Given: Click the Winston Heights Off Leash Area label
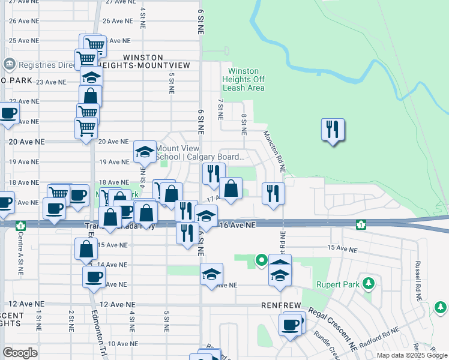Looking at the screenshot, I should (244, 79).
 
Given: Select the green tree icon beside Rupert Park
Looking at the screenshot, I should (369, 283).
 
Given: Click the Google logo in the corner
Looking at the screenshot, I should (20, 353).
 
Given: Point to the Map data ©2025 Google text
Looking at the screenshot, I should (411, 355).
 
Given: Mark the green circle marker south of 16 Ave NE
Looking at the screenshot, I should (261, 260).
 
